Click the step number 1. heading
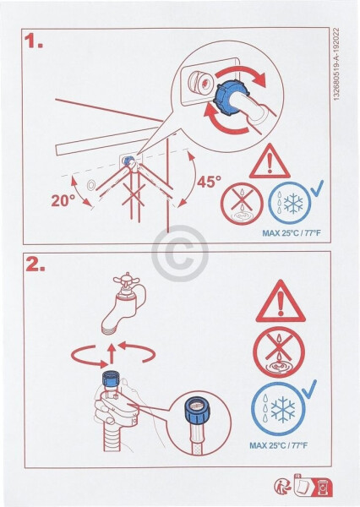[34, 41]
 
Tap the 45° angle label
[210, 182]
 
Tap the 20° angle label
[63, 200]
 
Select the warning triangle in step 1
[270, 161]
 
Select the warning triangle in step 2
[281, 302]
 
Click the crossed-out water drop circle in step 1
[242, 204]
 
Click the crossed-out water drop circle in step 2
[279, 352]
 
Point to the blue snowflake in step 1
[293, 204]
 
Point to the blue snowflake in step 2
[283, 408]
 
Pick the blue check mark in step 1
[316, 188]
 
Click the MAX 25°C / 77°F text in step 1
[292, 233]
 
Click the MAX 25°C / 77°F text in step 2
[279, 445]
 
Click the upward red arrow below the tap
[112, 353]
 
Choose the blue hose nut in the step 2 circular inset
[197, 407]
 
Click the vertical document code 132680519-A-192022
[336, 64]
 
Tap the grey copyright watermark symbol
[180, 253]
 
